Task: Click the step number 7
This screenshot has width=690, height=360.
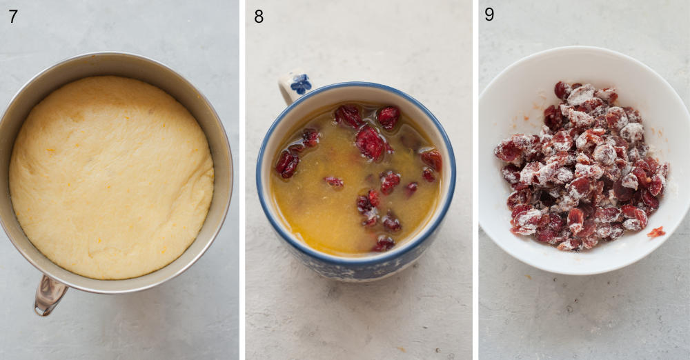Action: (x=13, y=16)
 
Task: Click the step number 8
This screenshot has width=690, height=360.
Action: (x=259, y=17)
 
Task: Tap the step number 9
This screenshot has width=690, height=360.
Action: (x=489, y=14)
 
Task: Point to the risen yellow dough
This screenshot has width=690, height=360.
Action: (x=110, y=176)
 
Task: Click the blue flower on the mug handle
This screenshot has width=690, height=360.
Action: (x=300, y=84)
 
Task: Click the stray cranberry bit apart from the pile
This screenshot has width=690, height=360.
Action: (x=655, y=232)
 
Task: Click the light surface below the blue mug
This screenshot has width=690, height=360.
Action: (x=359, y=324)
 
